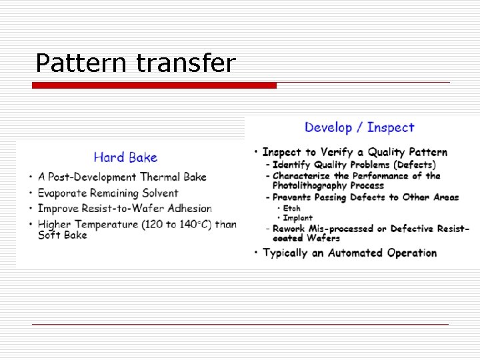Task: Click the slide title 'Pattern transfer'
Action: tap(135, 63)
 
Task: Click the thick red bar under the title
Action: tap(154, 85)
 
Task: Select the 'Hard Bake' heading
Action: tap(125, 157)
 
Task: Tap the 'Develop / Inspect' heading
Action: tap(359, 127)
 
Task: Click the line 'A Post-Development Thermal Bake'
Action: tap(122, 177)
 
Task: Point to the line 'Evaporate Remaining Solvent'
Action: tap(108, 193)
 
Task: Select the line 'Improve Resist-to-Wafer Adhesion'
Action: tap(125, 209)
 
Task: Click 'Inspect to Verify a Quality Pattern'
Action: tap(355, 152)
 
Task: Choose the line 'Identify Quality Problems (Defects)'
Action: tap(354, 164)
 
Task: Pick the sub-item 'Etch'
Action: tap(291, 209)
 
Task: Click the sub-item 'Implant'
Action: tap(297, 218)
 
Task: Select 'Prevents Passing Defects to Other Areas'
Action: tap(365, 197)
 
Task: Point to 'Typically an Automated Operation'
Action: tap(350, 253)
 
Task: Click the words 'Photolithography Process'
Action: tap(328, 185)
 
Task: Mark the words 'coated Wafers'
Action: tap(306, 238)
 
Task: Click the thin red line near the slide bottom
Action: tap(240, 324)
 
